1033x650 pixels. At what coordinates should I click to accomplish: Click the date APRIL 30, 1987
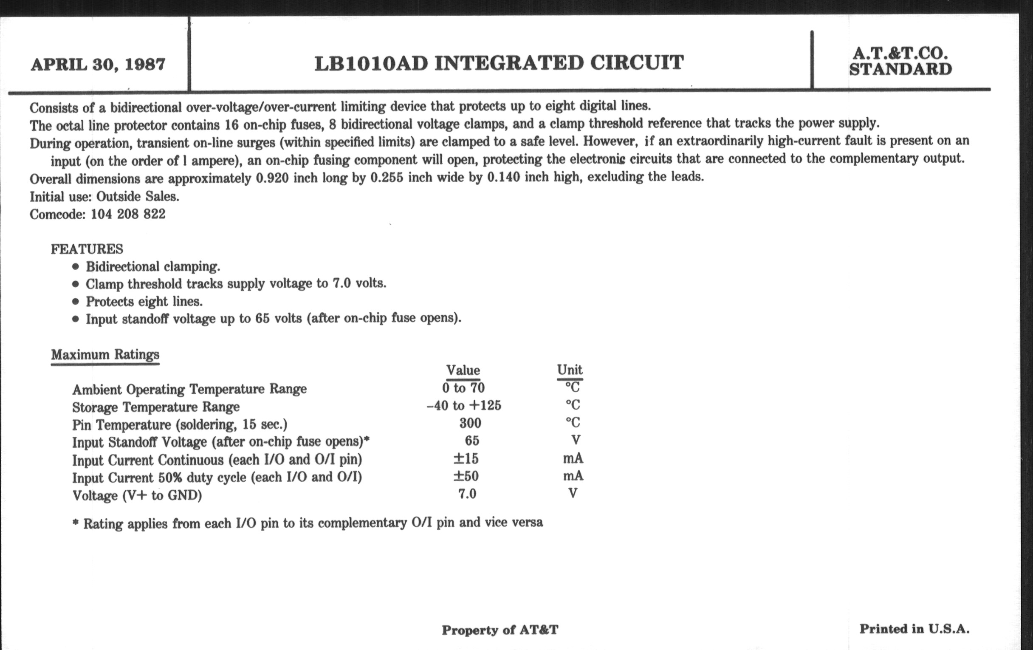click(98, 65)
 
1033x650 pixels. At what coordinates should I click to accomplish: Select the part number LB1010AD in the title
click(371, 63)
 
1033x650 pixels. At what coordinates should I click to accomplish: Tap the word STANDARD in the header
click(900, 70)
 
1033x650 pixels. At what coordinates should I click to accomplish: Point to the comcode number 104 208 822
click(128, 214)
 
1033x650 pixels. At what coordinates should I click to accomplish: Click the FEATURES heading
click(87, 249)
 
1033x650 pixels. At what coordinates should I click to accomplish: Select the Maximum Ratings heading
click(105, 355)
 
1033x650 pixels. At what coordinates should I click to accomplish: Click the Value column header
click(463, 370)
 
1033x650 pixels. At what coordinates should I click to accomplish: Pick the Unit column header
click(570, 370)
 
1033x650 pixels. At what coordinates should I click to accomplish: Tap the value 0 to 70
click(463, 388)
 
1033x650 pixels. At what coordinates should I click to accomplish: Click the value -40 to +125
click(464, 406)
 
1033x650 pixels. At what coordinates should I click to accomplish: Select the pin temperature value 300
click(470, 424)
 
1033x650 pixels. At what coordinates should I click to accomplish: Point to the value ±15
click(466, 459)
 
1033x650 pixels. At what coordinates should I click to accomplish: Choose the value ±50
click(466, 476)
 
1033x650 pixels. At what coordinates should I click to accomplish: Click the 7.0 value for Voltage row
click(467, 494)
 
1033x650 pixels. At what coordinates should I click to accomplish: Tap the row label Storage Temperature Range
click(156, 407)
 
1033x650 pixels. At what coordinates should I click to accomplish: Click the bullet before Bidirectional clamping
click(76, 267)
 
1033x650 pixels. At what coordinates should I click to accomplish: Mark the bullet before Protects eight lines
click(76, 302)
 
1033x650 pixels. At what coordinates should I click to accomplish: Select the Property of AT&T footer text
click(500, 630)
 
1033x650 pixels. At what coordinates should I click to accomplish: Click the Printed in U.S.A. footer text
click(914, 629)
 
